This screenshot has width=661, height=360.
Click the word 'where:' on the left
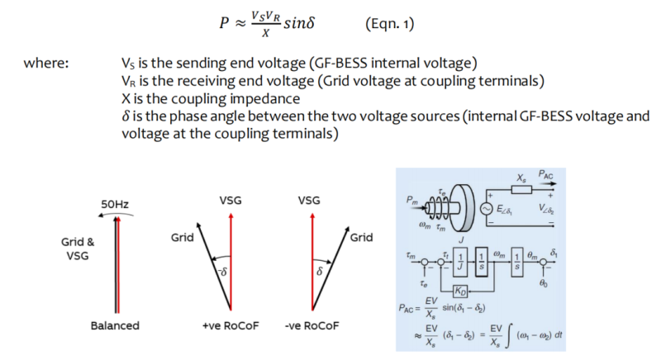tap(46, 64)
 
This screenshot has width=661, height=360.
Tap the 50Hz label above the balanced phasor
tap(117, 204)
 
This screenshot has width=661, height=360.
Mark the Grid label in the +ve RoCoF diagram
tap(183, 238)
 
